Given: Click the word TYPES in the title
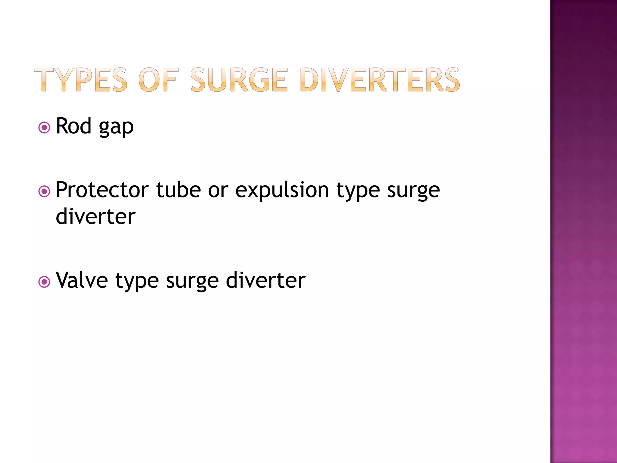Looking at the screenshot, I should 81,80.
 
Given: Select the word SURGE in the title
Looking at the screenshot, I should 239,80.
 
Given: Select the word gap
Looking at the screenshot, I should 116,128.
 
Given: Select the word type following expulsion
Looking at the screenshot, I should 358,192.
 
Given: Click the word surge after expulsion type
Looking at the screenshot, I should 413,192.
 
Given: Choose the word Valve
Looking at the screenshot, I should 82,280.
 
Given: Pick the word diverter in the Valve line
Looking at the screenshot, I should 266,280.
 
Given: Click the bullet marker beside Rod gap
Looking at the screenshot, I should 44,128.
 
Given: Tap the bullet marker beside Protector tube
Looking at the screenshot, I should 44,191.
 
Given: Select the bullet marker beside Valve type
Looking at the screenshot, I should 44,282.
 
